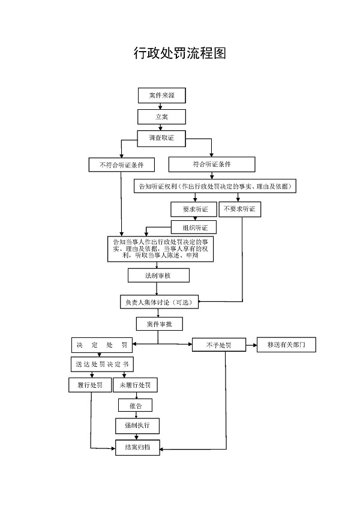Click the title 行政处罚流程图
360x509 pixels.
179,53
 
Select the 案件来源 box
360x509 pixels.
161,95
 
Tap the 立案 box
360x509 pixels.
161,116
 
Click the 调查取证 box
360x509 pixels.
161,138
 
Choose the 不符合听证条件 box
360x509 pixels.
121,164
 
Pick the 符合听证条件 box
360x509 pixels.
212,164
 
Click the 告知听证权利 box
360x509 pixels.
216,186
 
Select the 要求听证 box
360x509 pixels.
194,209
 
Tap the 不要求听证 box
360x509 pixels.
240,209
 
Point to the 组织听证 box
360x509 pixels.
194,227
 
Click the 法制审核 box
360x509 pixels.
158,275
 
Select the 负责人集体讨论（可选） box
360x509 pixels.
158,302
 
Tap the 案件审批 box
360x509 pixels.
158,324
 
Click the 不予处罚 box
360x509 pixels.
218,345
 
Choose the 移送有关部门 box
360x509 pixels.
286,345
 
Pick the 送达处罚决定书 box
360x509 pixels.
101,364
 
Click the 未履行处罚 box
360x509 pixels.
135,385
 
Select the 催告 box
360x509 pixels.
135,405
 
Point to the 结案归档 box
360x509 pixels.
137,448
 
